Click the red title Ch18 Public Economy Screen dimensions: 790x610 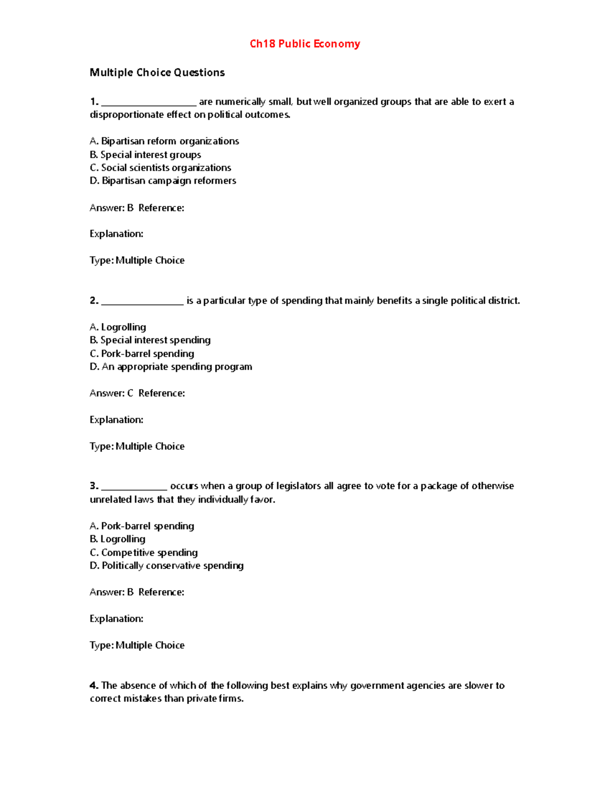304,44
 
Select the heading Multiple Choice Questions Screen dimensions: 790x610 157,73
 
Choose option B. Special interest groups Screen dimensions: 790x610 145,155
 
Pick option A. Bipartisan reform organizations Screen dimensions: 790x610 164,141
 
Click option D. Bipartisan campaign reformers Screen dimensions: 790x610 163,181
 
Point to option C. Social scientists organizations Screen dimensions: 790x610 160,168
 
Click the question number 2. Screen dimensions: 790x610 94,301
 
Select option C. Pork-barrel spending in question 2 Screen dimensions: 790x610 142,354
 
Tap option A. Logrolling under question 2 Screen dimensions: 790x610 118,327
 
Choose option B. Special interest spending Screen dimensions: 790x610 150,340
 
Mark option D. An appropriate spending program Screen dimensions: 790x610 171,367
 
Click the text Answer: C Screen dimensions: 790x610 111,393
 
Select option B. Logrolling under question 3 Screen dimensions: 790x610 117,539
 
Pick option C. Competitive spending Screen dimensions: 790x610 144,552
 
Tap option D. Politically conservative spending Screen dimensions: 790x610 167,566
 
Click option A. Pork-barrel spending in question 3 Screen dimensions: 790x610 142,526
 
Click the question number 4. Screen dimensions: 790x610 94,685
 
